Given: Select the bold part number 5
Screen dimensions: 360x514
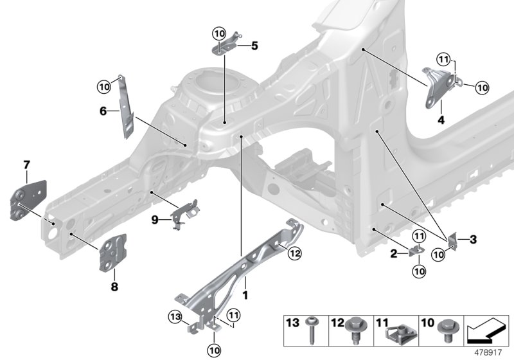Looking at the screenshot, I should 254,46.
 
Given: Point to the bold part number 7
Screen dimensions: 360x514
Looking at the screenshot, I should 26,166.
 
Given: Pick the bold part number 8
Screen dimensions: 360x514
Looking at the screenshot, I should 114,287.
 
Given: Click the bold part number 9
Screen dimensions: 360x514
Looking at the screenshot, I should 154,219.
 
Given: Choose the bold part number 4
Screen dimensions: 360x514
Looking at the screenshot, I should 441,120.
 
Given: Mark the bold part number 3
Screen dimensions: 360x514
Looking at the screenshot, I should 473,240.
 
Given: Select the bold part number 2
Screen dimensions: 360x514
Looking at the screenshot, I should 393,254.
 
